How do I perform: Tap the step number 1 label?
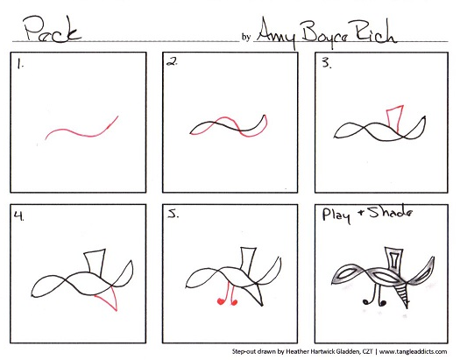pyautogui.click(x=19, y=65)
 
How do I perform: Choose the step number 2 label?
pyautogui.click(x=173, y=63)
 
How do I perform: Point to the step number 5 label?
pyautogui.click(x=174, y=214)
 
